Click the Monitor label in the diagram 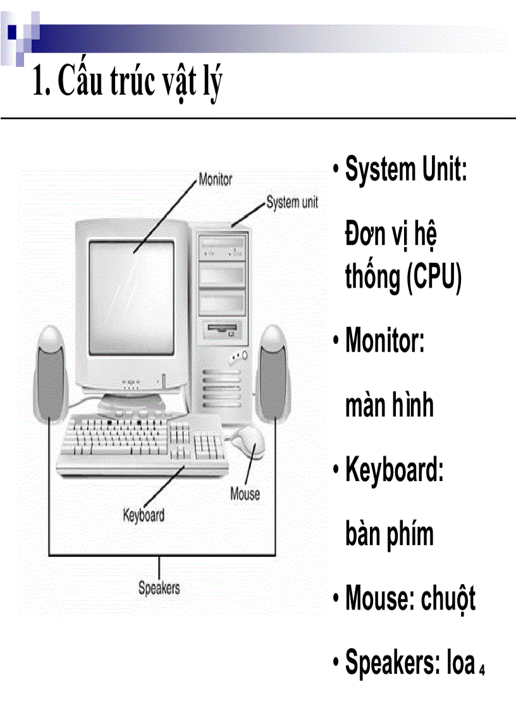[x=215, y=179]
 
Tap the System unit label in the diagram [x=292, y=203]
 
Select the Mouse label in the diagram [x=245, y=493]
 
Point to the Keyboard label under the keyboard [x=144, y=515]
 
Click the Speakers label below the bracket [x=159, y=587]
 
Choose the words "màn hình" [x=390, y=405]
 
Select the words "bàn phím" [x=390, y=534]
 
